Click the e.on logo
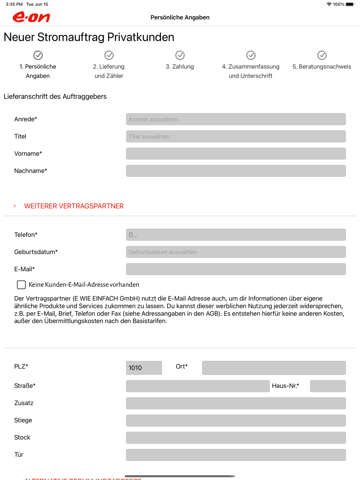coord(31,17)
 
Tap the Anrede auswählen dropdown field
coord(236,119)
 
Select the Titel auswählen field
coord(236,137)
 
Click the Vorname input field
coord(236,154)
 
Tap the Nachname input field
coord(236,171)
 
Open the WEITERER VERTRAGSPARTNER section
coord(73,206)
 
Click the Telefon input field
coord(236,235)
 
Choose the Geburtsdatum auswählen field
coord(236,252)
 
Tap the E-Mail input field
coord(236,269)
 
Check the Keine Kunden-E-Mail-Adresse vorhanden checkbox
coord(21,285)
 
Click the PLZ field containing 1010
coord(144,368)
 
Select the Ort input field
coord(274,368)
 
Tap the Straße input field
coord(198,386)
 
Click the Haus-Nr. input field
coord(328,386)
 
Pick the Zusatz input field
coord(236,403)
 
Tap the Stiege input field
coord(236,421)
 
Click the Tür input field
coord(236,455)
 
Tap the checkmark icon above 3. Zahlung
coord(180,55)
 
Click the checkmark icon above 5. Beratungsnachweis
coord(322,55)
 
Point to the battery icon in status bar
coord(350,4)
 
